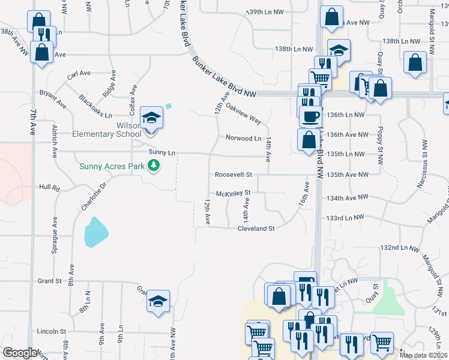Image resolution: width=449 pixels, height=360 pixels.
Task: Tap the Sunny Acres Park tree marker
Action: point(154,165)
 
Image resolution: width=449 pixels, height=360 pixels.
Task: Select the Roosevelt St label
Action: point(233,175)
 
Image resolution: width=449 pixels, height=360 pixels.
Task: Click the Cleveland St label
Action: point(256,229)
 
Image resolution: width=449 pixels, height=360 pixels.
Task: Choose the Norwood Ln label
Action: point(244,138)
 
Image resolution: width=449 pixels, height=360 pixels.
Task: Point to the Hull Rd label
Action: point(49,188)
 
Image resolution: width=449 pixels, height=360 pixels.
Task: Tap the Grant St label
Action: point(49,281)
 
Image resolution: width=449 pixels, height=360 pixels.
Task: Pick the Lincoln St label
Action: point(51,331)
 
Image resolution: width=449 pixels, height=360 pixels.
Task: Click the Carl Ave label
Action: point(79,74)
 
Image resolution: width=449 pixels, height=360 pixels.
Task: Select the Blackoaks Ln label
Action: point(95,106)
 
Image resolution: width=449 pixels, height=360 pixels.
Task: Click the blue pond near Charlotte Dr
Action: point(96,232)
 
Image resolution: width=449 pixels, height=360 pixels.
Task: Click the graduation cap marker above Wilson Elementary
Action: point(151,118)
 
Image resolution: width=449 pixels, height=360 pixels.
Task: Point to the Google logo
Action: point(20,353)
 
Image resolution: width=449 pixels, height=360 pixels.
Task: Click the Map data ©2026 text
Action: point(423,355)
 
